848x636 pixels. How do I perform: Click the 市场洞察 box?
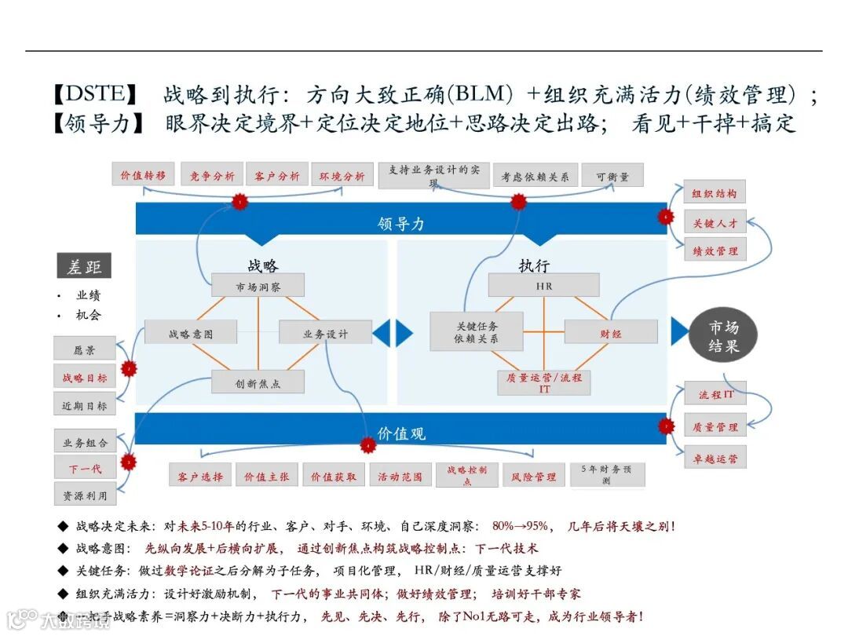(258, 287)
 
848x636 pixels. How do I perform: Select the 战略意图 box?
(191, 333)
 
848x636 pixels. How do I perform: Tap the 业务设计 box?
(325, 333)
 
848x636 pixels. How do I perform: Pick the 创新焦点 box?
(258, 383)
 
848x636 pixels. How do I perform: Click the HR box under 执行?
(543, 286)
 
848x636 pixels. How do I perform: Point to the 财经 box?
(611, 333)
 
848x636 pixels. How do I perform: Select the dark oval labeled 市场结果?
(723, 336)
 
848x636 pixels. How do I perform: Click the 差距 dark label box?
(84, 267)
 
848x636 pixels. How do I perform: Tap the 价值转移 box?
(143, 176)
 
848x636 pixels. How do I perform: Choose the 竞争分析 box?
(212, 176)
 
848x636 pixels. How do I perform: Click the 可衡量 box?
(612, 177)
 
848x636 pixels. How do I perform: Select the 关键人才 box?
(715, 223)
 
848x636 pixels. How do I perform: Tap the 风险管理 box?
(534, 476)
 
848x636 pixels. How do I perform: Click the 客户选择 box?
(200, 476)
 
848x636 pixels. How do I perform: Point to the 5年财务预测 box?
(606, 474)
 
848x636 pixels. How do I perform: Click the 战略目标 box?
(85, 378)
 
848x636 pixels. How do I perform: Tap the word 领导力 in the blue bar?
(400, 223)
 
